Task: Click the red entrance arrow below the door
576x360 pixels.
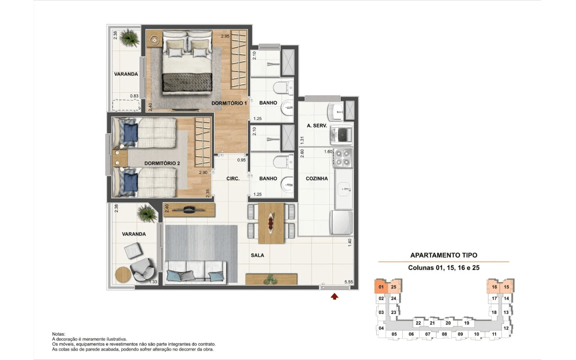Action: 334,296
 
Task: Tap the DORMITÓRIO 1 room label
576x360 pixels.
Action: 229,103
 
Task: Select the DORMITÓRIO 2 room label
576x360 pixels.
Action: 162,163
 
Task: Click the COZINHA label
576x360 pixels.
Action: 317,178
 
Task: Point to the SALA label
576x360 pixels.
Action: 258,255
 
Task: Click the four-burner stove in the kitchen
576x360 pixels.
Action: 343,158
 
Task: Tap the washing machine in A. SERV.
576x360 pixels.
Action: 341,134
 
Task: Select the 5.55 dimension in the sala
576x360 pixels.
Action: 348,282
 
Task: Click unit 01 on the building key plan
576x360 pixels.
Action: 381,287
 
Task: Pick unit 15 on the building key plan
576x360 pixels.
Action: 506,287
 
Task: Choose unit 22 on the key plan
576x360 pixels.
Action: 418,323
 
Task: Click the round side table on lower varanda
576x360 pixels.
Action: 123,275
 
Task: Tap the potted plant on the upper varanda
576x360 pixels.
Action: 130,38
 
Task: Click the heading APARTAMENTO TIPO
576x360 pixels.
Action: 444,255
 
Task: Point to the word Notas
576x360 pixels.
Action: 59,334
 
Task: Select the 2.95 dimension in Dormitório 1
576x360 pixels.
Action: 225,36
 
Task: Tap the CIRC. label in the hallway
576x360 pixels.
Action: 233,178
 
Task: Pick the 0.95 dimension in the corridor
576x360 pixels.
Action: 242,160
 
